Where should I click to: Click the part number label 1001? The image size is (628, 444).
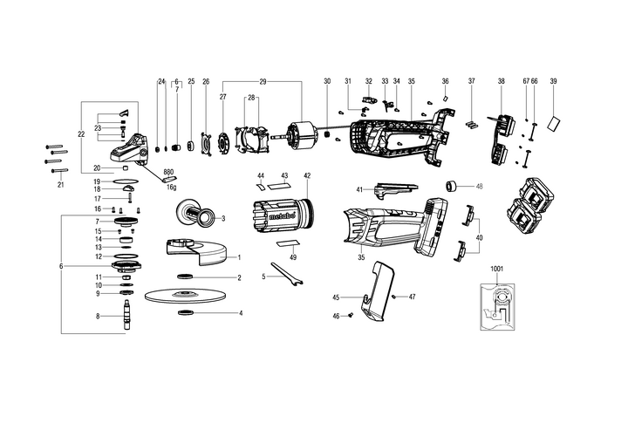click(x=496, y=269)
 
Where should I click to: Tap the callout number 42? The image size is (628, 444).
click(x=307, y=175)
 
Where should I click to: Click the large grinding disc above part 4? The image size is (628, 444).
click(x=186, y=296)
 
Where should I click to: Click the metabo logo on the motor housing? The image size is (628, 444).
click(x=282, y=216)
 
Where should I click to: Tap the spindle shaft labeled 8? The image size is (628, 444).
click(x=127, y=315)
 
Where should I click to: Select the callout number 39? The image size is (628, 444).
click(x=553, y=81)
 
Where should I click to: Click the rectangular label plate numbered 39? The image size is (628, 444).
click(x=555, y=123)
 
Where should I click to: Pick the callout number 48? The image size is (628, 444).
click(x=479, y=187)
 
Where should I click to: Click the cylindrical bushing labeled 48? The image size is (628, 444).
click(x=452, y=187)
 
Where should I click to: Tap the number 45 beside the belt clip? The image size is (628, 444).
click(x=336, y=297)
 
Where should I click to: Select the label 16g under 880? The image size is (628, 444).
click(x=172, y=188)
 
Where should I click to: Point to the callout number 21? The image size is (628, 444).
click(x=60, y=185)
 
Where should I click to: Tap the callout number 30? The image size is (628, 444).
click(x=327, y=81)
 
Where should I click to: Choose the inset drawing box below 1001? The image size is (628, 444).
click(x=497, y=307)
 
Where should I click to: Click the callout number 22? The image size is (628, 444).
click(x=81, y=134)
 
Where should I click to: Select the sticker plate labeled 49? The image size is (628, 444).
click(x=289, y=243)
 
